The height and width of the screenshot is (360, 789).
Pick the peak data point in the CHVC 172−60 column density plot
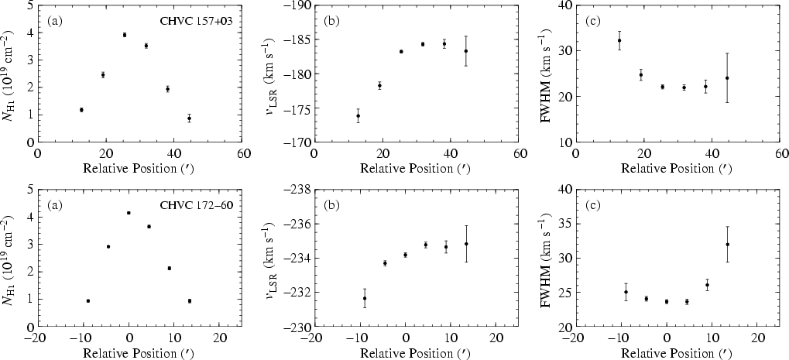(x=129, y=213)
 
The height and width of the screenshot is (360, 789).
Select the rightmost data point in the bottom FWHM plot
(x=727, y=245)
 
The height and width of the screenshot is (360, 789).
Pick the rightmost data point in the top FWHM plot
(x=727, y=77)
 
